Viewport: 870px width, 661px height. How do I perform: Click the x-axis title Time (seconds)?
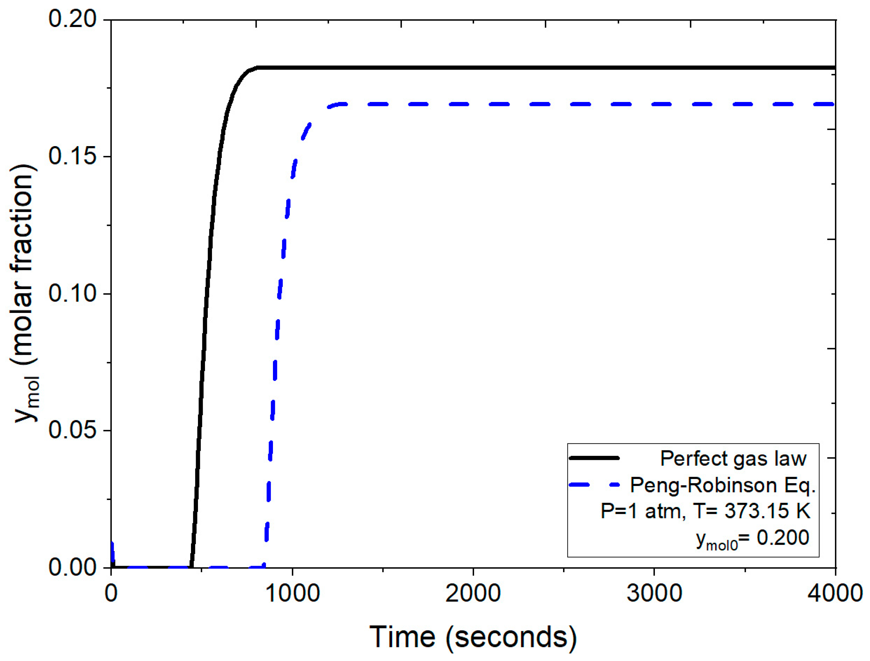[x=473, y=637]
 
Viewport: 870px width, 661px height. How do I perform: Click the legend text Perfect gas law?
[x=733, y=459]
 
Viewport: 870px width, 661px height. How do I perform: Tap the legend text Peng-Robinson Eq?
[x=723, y=485]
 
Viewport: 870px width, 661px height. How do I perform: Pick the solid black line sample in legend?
[x=594, y=458]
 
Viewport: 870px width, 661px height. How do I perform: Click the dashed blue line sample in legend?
[x=594, y=485]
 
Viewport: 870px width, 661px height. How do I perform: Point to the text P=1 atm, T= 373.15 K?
[x=705, y=511]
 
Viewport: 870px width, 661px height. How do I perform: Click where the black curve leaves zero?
[x=191, y=566]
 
